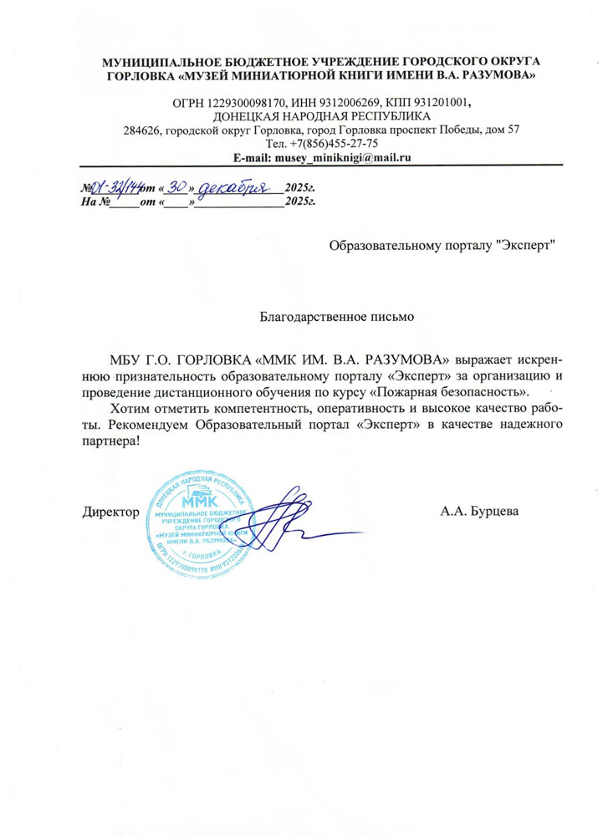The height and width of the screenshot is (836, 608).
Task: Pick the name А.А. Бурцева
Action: tap(480, 511)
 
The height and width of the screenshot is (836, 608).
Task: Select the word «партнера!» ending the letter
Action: tap(111, 441)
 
